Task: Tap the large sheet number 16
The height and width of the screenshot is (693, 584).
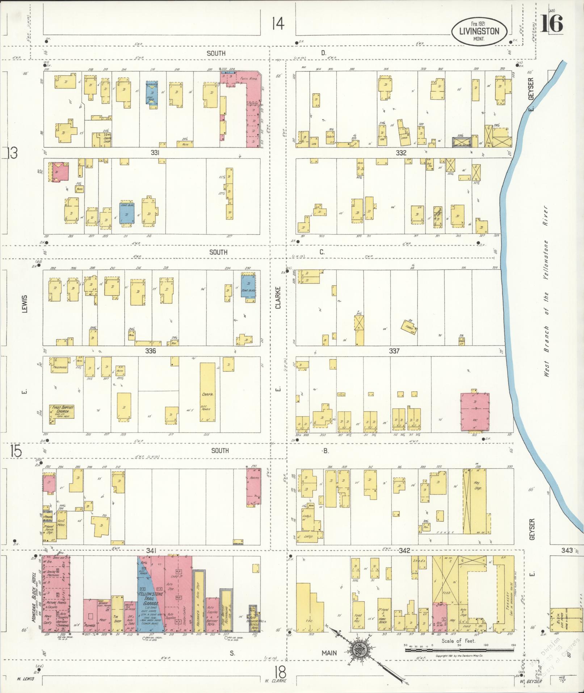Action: [x=553, y=24]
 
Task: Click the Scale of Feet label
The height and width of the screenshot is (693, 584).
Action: [x=458, y=640]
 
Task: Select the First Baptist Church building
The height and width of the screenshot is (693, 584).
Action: [x=62, y=412]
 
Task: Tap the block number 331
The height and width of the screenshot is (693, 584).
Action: [x=155, y=153]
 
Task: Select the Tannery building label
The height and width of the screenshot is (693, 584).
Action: [x=508, y=603]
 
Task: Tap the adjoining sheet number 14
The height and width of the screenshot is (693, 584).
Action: [x=278, y=24]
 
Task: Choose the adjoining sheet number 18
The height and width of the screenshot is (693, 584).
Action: [x=280, y=673]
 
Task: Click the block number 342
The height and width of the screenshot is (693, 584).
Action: [x=404, y=551]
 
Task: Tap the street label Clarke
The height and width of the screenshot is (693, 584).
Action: [x=278, y=297]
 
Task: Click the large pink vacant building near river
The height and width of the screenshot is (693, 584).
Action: [x=475, y=412]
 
